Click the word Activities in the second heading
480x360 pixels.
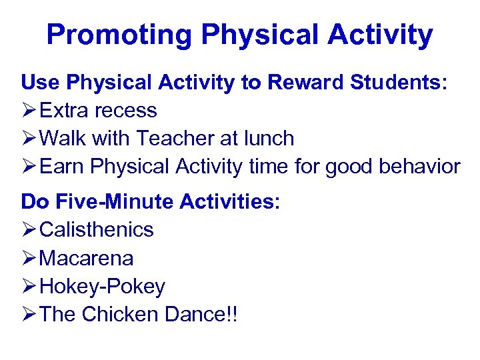coord(227,201)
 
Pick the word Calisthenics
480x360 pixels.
coord(97,230)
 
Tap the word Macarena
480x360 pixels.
coord(87,258)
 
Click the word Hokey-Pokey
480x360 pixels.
coord(103,287)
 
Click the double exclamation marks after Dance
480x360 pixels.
coord(231,315)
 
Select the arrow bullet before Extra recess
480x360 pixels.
coord(29,111)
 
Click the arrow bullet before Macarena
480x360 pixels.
coord(29,258)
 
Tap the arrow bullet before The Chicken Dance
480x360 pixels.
coord(29,315)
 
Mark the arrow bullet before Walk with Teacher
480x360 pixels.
coord(29,139)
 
